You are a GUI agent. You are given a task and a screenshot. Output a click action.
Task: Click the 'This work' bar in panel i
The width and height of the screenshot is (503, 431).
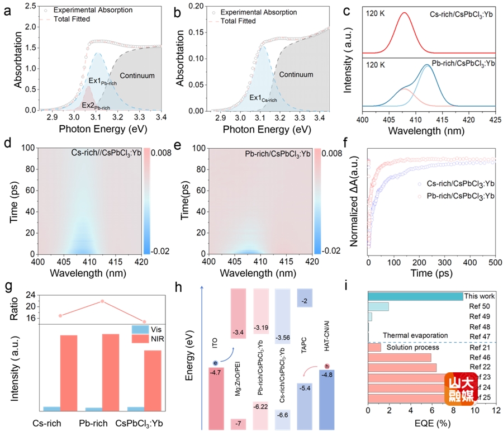[x=415, y=296]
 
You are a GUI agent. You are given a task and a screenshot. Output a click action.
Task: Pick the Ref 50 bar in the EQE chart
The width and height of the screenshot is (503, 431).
[x=378, y=307]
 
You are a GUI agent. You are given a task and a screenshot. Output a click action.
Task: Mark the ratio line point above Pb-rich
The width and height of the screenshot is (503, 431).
[x=102, y=301]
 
